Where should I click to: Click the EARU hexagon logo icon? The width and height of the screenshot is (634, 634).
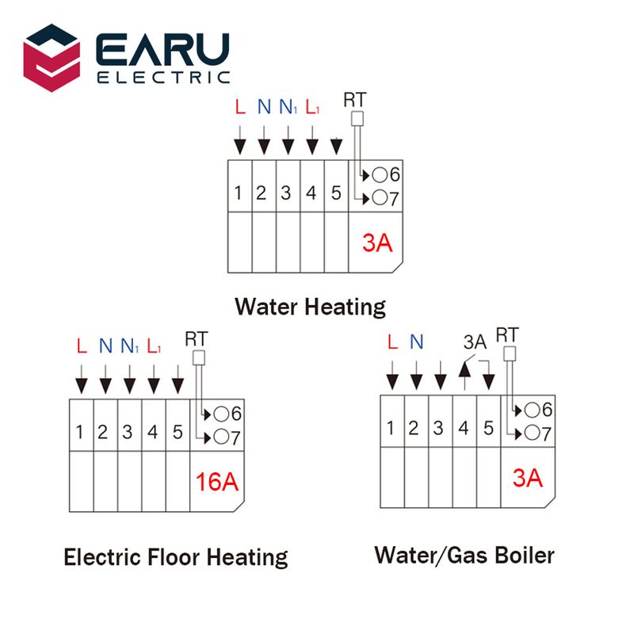click(x=52, y=57)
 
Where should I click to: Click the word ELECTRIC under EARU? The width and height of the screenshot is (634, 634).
click(x=163, y=78)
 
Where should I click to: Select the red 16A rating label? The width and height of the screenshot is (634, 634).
click(x=217, y=481)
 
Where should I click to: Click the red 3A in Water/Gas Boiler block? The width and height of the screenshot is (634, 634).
click(x=527, y=478)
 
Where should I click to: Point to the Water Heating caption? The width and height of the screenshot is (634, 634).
click(x=310, y=306)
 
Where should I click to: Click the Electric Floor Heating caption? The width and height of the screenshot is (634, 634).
click(x=175, y=557)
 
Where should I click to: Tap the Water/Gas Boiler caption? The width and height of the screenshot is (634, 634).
click(x=464, y=555)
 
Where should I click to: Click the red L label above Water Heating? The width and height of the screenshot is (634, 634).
click(x=240, y=106)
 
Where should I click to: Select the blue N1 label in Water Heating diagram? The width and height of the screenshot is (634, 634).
click(x=288, y=107)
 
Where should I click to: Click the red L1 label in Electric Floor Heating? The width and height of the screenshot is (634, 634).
click(x=154, y=346)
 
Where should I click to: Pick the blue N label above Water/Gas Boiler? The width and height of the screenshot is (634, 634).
click(x=417, y=342)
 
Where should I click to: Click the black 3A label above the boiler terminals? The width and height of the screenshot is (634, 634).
click(x=474, y=342)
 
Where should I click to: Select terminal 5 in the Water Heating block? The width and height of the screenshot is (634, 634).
click(x=336, y=193)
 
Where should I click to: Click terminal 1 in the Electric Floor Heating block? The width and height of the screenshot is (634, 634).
click(x=81, y=432)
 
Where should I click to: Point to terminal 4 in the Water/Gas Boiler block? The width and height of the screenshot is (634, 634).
click(x=464, y=429)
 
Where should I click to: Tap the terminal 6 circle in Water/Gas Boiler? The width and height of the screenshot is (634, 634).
click(x=533, y=410)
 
